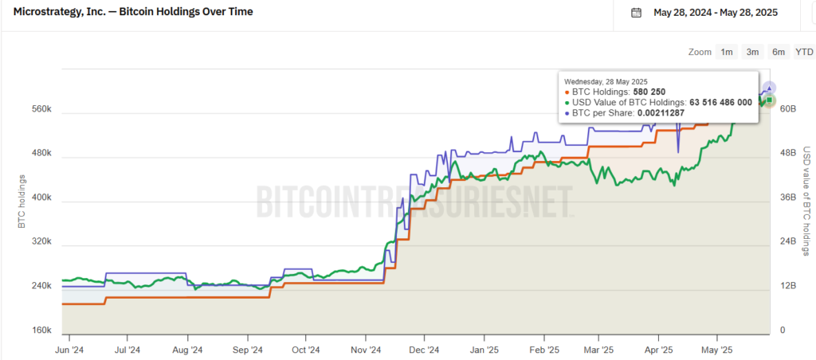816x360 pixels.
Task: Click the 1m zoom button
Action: click(727, 52)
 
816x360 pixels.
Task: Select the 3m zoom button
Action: click(752, 52)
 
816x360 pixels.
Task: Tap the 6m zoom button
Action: click(779, 52)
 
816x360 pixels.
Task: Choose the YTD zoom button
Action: click(804, 52)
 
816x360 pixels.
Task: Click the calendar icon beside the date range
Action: click(636, 12)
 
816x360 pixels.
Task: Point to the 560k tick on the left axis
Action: click(41, 108)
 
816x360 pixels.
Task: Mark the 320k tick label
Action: click(41, 241)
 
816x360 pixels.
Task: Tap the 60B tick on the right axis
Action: click(787, 108)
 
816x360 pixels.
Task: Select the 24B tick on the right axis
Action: click(787, 241)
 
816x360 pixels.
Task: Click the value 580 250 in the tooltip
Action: click(649, 92)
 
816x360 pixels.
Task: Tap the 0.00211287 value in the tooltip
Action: click(661, 113)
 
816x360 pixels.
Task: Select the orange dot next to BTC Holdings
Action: click(567, 92)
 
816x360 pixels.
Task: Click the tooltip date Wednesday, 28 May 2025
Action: click(606, 81)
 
